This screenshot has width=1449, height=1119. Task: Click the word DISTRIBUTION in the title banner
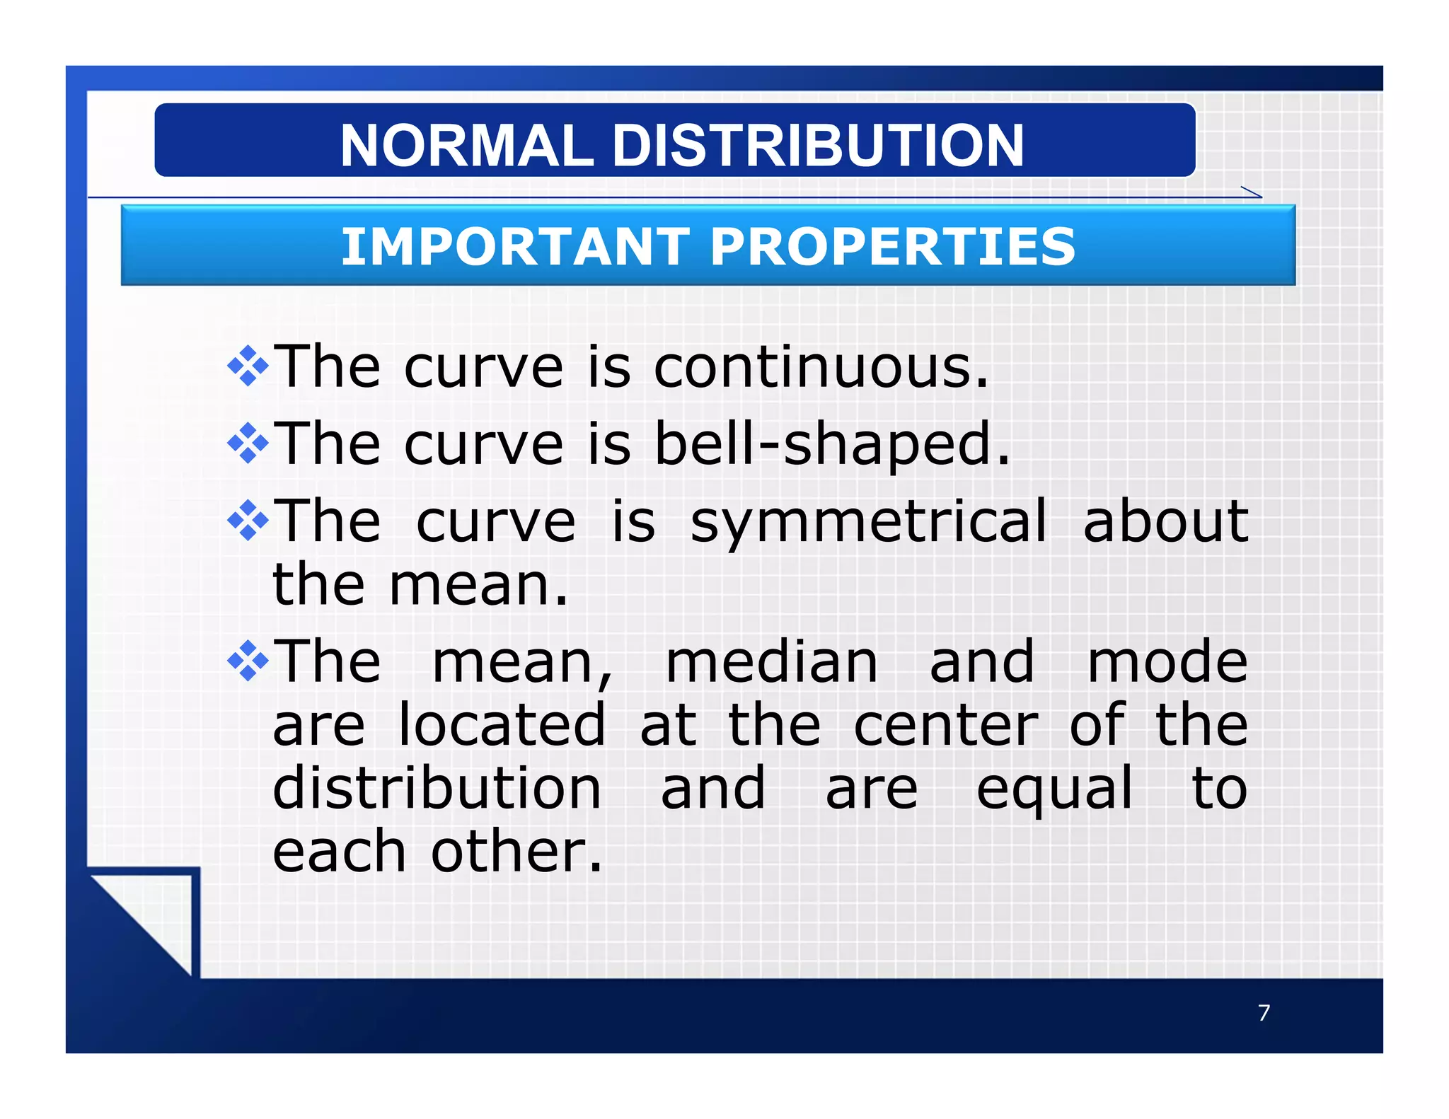[817, 146]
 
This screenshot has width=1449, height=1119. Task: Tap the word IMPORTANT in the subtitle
[515, 247]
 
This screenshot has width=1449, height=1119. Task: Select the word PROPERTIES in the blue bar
[892, 247]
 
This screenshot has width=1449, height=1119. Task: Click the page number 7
[1264, 1013]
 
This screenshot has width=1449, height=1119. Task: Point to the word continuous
[820, 368]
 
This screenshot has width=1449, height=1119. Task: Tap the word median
[772, 663]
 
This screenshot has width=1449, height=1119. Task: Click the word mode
[1167, 663]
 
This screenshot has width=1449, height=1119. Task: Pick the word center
[945, 726]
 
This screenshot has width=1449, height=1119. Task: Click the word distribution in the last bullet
[437, 789]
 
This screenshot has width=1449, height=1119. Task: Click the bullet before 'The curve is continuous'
[248, 366]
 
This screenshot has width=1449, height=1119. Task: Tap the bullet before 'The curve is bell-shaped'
[248, 443]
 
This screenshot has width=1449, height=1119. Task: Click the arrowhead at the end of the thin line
[1253, 192]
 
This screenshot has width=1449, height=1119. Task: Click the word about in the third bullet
[1165, 522]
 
